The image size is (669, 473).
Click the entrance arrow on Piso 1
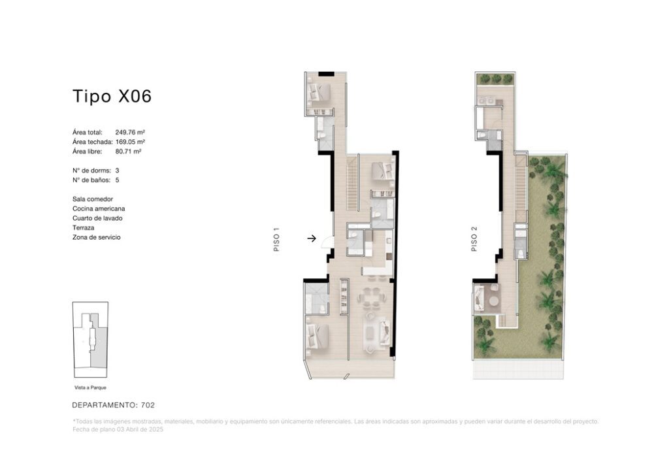click(312, 238)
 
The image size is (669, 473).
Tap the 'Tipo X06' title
click(112, 97)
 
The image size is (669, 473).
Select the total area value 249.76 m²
click(130, 132)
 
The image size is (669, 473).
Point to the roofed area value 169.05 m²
click(130, 142)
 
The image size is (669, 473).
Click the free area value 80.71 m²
click(128, 152)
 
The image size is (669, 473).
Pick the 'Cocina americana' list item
click(99, 208)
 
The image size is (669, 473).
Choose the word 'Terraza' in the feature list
click(83, 228)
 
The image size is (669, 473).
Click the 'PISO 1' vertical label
click(276, 240)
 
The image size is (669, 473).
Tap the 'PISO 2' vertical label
click(474, 239)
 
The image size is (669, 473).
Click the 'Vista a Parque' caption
click(90, 387)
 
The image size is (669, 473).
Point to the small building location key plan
click(90, 340)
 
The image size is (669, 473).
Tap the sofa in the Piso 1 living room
click(385, 332)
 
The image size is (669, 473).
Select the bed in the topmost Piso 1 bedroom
click(318, 91)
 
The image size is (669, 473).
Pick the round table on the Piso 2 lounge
click(494, 302)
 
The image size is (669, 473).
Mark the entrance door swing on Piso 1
click(327, 242)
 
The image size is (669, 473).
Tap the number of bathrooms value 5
click(118, 180)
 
